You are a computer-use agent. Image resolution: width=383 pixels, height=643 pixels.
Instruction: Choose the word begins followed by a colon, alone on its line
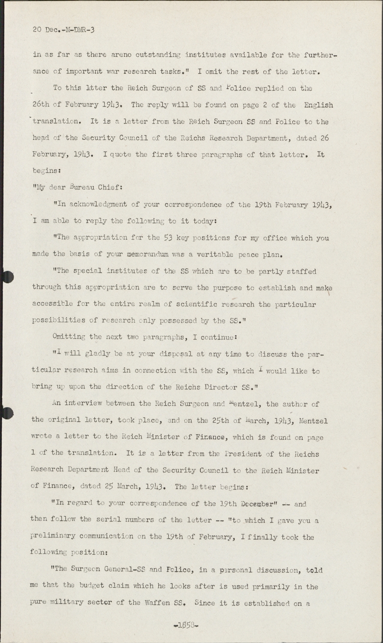pyautogui.click(x=46, y=171)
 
